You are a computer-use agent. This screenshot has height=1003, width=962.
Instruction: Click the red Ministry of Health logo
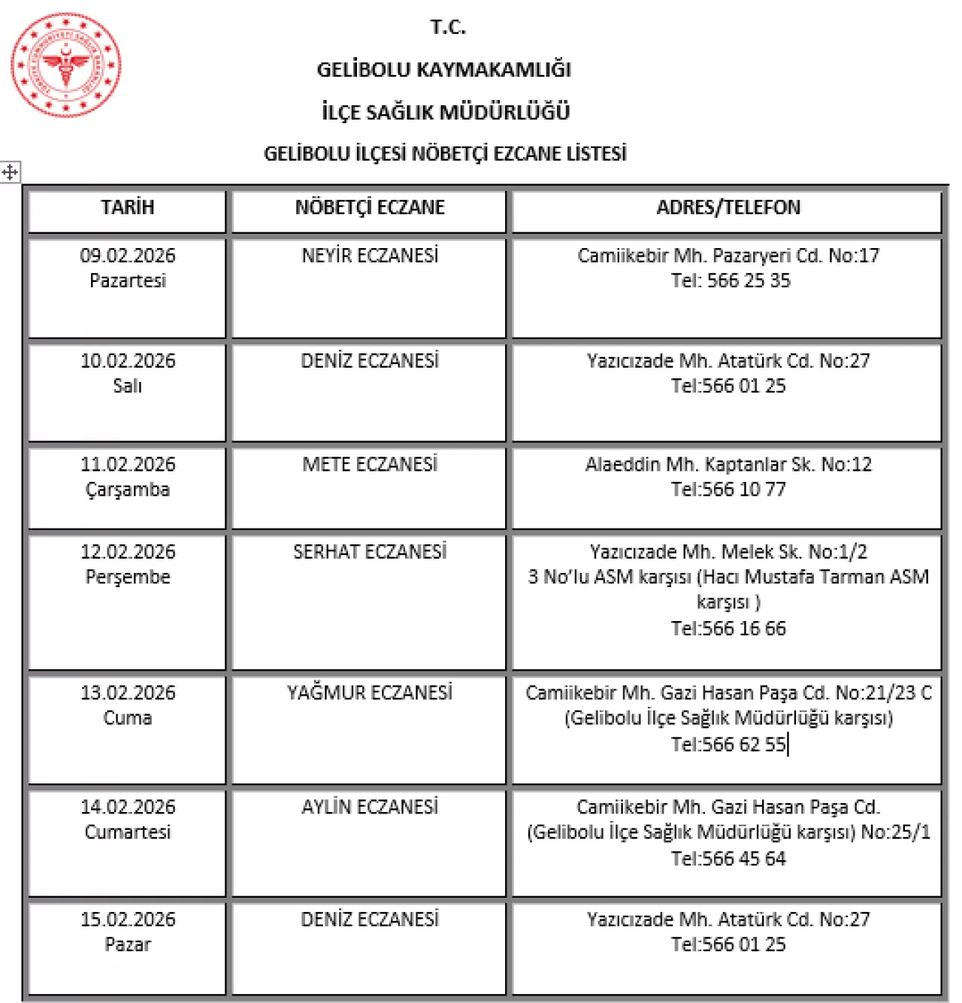[65, 65]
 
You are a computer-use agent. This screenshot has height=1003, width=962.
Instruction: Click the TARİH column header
[128, 208]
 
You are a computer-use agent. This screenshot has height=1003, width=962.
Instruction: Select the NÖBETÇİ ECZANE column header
[369, 208]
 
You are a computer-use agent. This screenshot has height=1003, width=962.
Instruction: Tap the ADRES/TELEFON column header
[728, 208]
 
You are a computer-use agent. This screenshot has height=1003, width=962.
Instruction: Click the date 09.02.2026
[128, 256]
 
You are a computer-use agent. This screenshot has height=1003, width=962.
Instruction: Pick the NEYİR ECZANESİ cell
[369, 256]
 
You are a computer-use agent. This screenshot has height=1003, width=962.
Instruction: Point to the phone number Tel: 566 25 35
[730, 280]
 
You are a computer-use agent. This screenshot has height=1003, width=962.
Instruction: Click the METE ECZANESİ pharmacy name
[369, 465]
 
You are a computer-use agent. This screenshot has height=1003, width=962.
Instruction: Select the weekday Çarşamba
[128, 489]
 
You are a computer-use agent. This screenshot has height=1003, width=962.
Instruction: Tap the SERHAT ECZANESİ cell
[369, 552]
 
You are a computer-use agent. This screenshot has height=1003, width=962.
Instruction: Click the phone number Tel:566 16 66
[728, 629]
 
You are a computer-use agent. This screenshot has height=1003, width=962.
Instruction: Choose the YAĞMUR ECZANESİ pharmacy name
[369, 692]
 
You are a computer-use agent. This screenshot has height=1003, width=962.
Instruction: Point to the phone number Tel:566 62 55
[728, 744]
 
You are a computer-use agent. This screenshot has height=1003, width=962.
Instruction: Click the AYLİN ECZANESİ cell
[369, 807]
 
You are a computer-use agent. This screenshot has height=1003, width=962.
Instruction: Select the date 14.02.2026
[128, 807]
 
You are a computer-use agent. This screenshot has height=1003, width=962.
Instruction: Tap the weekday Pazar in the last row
[128, 944]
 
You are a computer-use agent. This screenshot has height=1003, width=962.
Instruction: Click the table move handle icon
[10, 172]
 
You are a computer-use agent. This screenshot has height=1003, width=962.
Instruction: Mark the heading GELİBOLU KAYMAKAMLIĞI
[443, 70]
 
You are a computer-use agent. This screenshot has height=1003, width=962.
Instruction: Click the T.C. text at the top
[448, 28]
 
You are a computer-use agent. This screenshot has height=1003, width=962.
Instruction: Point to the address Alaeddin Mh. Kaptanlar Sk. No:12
[728, 465]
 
